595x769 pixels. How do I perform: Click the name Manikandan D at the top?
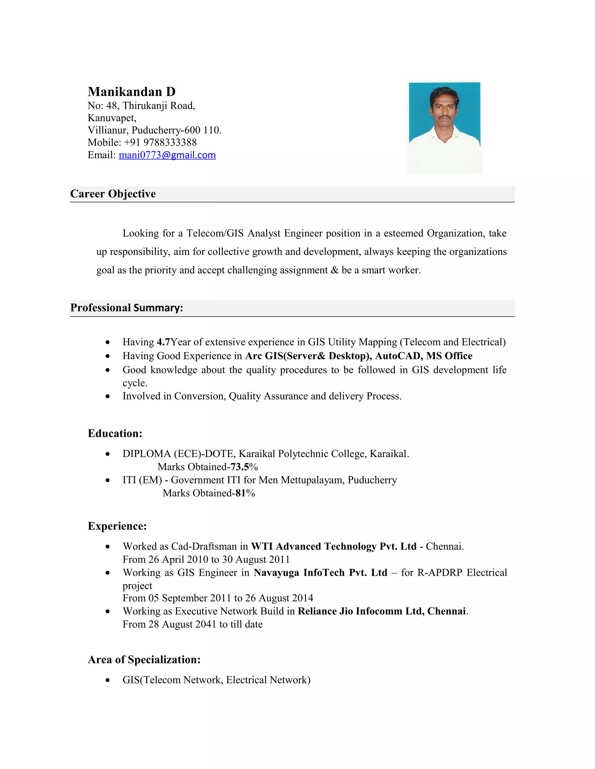click(132, 92)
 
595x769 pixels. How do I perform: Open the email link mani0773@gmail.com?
click(167, 155)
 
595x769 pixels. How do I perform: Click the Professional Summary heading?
click(127, 308)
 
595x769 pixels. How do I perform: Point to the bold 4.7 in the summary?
click(164, 342)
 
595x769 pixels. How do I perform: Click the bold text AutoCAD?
click(398, 356)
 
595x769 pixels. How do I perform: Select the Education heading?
click(115, 434)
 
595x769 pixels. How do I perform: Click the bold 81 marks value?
click(240, 493)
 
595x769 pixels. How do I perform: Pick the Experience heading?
click(117, 526)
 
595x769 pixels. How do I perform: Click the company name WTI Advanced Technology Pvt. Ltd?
click(334, 546)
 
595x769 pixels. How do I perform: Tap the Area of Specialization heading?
click(144, 660)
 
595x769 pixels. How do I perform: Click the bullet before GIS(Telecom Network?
click(108, 680)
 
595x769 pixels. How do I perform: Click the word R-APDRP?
click(440, 573)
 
